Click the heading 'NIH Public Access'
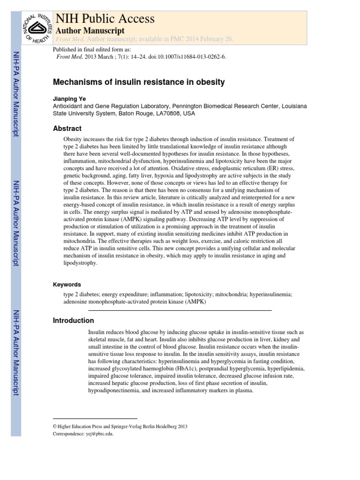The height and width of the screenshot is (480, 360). [105, 19]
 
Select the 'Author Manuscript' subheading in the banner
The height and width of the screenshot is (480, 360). [90, 30]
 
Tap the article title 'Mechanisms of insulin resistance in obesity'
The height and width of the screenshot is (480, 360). [138, 82]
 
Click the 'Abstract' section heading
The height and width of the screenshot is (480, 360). [67, 128]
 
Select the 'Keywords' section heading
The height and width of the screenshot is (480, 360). [67, 285]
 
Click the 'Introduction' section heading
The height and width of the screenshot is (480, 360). [73, 321]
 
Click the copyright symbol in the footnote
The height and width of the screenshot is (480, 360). [55, 427]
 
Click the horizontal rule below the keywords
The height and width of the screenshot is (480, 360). [180, 310]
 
